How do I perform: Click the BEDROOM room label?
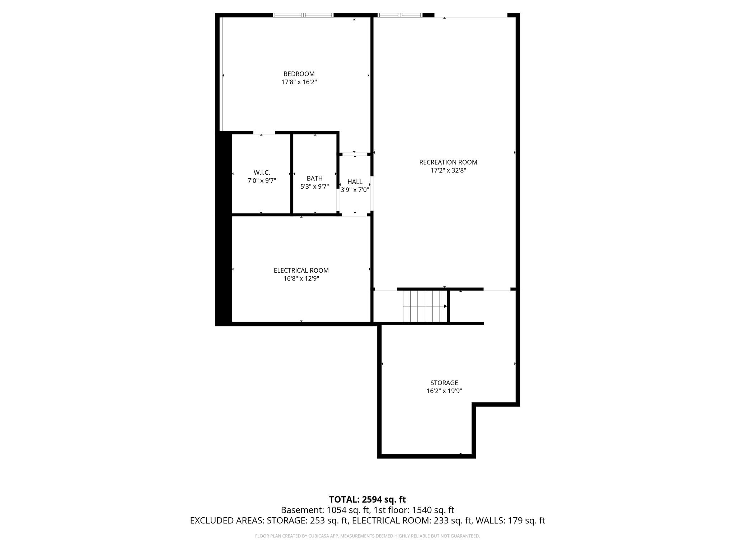299,74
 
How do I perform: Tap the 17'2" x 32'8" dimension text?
448,170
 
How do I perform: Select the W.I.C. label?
262,173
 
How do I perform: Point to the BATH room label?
314,178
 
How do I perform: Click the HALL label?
355,182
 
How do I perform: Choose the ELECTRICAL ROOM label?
301,270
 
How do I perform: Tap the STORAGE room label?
444,383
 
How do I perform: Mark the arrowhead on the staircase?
445,306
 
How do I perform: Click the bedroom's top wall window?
303,15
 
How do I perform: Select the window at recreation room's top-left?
400,15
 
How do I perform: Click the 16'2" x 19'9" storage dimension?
444,391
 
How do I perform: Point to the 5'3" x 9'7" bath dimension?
314,187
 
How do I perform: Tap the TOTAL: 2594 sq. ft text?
367,499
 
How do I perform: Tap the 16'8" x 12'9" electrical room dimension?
301,279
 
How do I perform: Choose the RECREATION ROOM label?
448,162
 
